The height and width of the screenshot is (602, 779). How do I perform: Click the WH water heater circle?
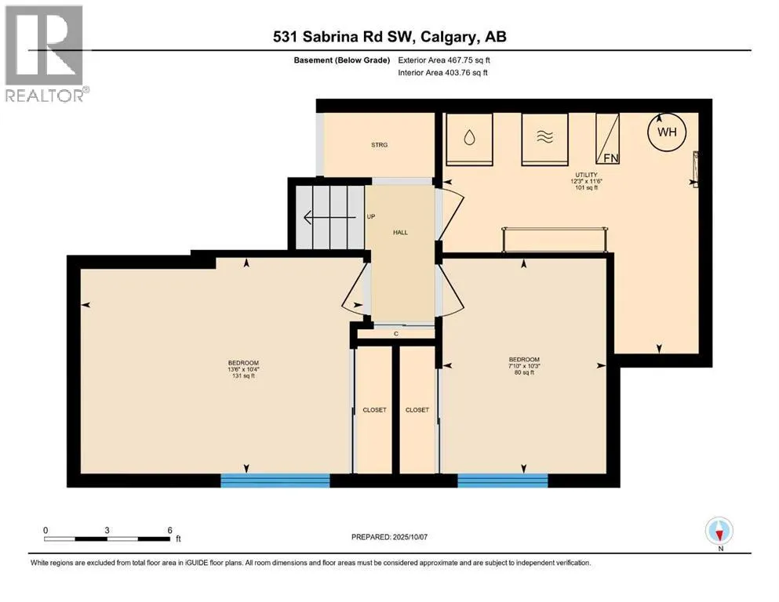point(667,132)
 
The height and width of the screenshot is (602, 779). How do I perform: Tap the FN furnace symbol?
point(608,139)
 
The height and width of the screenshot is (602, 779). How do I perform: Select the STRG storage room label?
point(379,145)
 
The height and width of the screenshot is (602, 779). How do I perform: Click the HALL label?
point(400,232)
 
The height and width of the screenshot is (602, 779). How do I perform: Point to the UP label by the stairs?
point(370,216)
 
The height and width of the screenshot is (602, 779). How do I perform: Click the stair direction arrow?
point(329,217)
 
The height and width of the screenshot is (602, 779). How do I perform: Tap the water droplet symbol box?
point(469,139)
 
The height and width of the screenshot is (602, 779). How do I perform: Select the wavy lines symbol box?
point(544,139)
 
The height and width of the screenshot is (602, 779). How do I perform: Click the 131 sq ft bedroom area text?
point(243,375)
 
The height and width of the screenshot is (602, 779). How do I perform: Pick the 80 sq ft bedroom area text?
point(524,372)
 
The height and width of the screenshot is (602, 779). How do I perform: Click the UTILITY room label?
point(586,175)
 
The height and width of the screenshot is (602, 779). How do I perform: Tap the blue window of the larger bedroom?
point(275,481)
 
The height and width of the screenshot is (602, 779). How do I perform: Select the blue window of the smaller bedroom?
point(502,481)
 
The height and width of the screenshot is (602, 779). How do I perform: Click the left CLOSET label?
point(375,410)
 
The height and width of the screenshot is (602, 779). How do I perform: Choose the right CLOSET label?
point(417,410)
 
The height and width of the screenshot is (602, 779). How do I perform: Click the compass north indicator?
point(719,532)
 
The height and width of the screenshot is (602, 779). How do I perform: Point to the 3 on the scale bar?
point(107,530)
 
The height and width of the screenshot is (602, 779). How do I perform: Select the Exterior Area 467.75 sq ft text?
point(444,60)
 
